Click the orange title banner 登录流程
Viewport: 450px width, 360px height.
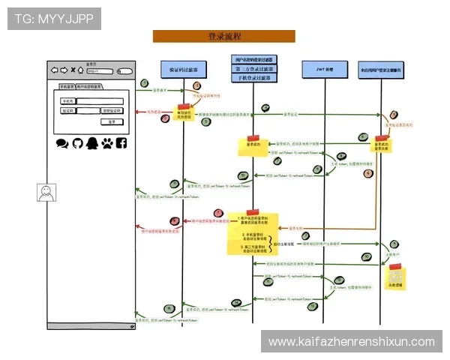click(x=223, y=36)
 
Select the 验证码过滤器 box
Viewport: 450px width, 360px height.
click(x=179, y=69)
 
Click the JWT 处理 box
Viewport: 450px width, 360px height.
click(x=323, y=69)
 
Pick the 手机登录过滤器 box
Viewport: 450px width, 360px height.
click(x=253, y=77)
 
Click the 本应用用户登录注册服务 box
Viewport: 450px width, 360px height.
click(x=381, y=69)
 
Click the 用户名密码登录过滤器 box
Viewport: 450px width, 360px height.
click(x=253, y=59)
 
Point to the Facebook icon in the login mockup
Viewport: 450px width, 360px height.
click(x=121, y=142)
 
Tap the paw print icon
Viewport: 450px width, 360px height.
click(x=106, y=142)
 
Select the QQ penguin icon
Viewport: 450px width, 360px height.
click(x=91, y=142)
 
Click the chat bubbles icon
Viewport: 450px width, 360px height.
click(x=62, y=142)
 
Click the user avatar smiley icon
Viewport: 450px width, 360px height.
click(x=46, y=192)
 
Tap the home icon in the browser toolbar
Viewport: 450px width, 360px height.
click(x=81, y=71)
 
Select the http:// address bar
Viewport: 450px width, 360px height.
click(x=99, y=71)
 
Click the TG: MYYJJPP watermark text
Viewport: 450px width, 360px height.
click(x=53, y=19)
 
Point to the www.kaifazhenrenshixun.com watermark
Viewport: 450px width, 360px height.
click(x=351, y=341)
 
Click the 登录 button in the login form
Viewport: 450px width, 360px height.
click(x=111, y=121)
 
